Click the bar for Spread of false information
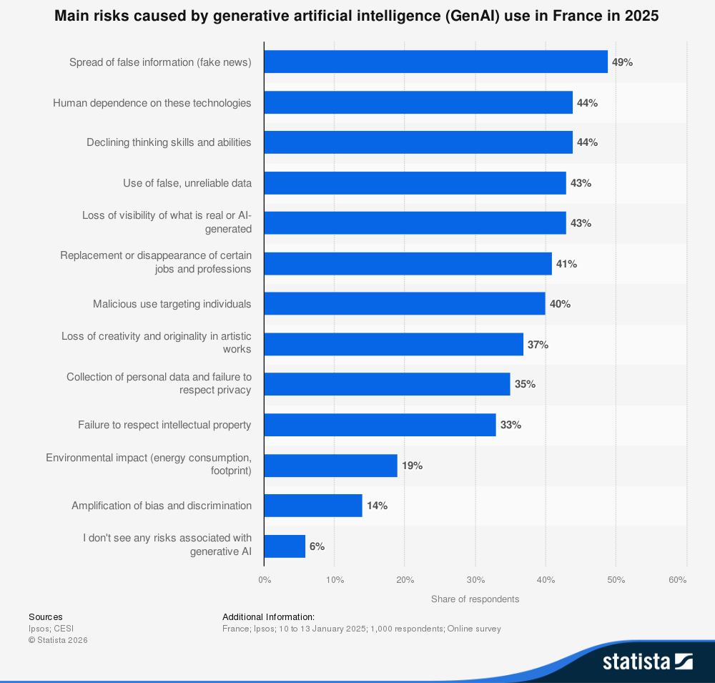[436, 62]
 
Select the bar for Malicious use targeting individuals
[405, 303]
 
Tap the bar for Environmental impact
[331, 466]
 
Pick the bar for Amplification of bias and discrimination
[313, 506]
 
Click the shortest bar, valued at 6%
[285, 546]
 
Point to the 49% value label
[622, 62]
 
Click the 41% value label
[566, 264]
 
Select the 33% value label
[511, 425]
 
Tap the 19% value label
[413, 466]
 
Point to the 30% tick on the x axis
[475, 580]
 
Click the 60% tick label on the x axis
[678, 580]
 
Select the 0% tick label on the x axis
[265, 580]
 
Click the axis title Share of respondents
[475, 599]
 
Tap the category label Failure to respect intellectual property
[164, 425]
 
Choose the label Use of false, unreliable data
[187, 183]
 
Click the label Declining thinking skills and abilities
[169, 142]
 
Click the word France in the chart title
[575, 16]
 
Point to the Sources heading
[46, 616]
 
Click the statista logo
[648, 661]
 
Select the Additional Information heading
[269, 616]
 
